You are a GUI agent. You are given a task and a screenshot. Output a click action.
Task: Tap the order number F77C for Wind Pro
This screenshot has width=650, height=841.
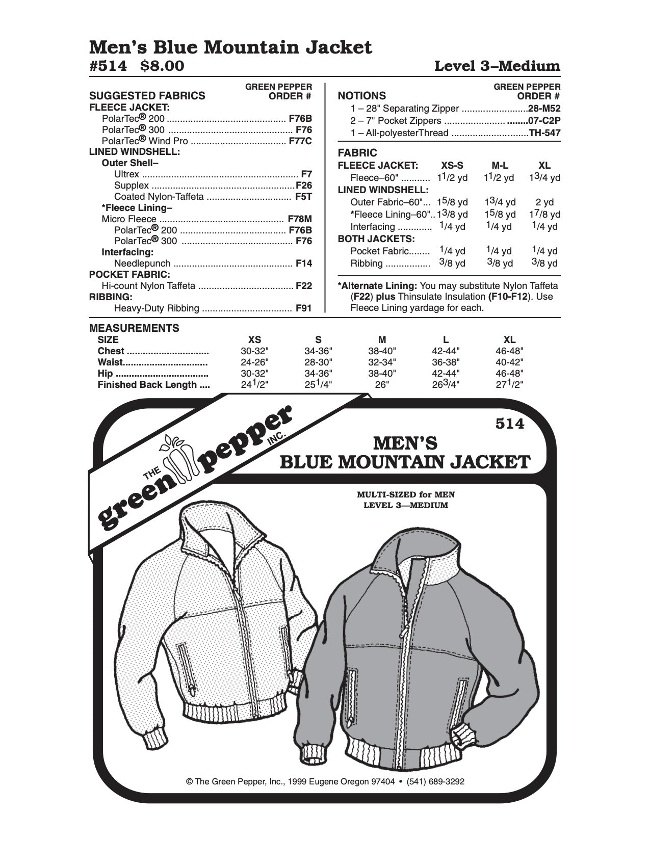(x=300, y=141)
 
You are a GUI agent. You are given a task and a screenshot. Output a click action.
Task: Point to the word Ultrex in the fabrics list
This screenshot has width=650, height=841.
(x=126, y=174)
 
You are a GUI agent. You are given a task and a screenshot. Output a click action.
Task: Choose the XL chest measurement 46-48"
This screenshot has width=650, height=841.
(x=509, y=351)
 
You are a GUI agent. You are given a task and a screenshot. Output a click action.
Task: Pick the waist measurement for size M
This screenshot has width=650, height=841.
(x=382, y=362)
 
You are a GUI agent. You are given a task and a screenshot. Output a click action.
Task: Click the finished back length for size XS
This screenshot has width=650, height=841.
(x=254, y=385)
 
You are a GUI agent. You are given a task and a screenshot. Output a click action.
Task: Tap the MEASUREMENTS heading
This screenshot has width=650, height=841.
(x=134, y=328)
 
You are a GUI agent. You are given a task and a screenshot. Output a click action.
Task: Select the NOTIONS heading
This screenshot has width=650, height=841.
(x=362, y=96)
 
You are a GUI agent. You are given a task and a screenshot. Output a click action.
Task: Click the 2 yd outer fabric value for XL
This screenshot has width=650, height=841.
(x=544, y=202)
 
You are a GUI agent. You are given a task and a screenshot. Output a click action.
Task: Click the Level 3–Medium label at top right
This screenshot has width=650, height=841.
(x=497, y=66)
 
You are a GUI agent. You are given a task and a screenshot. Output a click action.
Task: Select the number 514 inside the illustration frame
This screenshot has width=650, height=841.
(x=509, y=424)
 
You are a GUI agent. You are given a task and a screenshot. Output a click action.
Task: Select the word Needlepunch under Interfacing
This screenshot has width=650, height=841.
(x=143, y=264)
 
